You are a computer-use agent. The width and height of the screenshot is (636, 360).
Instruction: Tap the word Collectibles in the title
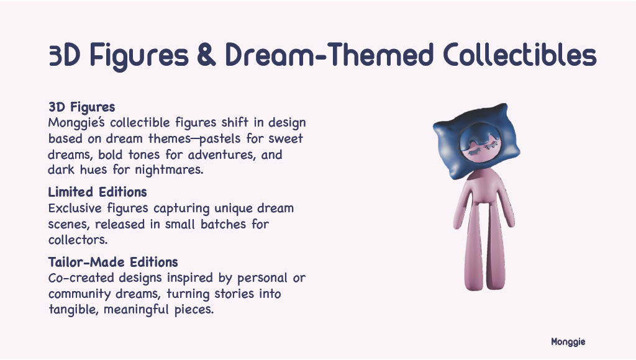click(x=520, y=55)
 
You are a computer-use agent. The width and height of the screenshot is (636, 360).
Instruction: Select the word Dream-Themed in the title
click(x=329, y=55)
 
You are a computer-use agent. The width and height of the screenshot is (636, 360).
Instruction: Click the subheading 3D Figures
click(x=81, y=107)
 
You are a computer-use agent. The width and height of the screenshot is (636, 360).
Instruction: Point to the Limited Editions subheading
click(x=98, y=192)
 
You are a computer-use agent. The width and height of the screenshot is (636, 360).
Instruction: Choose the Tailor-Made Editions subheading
click(x=113, y=262)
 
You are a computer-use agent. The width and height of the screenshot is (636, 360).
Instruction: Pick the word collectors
click(x=78, y=240)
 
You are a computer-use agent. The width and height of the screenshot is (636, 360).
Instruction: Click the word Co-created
click(x=81, y=277)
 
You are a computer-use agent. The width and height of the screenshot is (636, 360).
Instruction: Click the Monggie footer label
click(x=568, y=342)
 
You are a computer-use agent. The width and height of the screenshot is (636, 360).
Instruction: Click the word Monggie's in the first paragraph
click(x=76, y=122)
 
